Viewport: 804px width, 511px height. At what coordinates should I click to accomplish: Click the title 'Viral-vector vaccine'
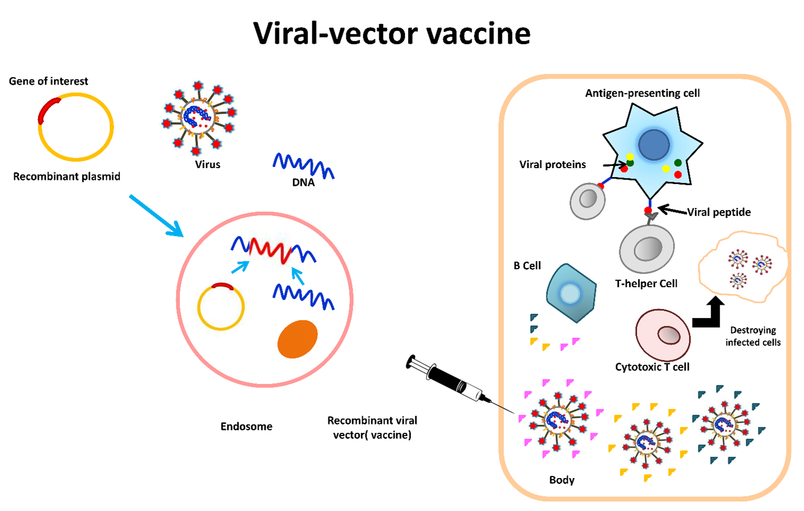[391, 33]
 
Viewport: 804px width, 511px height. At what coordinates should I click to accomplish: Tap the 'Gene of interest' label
[48, 81]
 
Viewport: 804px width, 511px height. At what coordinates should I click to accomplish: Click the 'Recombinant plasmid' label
[67, 177]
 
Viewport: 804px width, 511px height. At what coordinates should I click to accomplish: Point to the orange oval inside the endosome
[297, 339]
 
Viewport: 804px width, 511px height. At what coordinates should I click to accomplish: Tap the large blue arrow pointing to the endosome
[157, 216]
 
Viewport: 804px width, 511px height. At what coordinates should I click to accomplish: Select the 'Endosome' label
[246, 426]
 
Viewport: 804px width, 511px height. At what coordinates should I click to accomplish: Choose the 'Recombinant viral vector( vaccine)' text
[372, 428]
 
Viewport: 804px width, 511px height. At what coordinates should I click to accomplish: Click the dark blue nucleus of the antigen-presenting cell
[654, 145]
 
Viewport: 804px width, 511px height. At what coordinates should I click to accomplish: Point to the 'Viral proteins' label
[552, 165]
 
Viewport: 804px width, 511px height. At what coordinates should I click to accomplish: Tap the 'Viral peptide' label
[719, 212]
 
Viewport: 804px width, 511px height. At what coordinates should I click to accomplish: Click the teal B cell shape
[571, 293]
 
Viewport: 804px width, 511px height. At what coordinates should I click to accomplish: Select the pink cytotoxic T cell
[663, 336]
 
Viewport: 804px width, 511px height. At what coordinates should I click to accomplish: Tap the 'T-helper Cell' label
[646, 283]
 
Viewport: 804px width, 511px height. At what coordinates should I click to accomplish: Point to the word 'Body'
[562, 480]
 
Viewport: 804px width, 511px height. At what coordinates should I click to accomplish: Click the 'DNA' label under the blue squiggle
[303, 182]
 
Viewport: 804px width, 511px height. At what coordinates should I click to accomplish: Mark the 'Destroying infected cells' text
[753, 336]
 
